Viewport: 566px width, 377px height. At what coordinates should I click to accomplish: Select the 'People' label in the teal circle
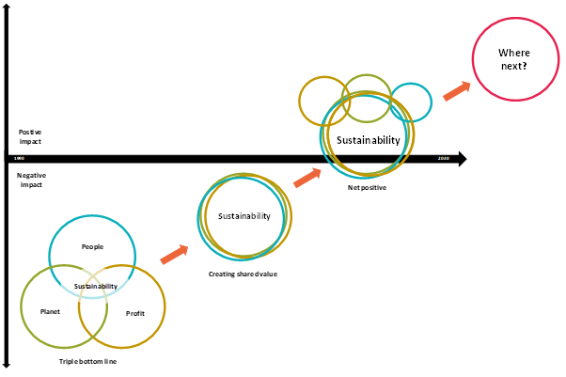pos(92,247)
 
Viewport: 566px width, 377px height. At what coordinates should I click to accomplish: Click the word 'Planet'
pos(50,310)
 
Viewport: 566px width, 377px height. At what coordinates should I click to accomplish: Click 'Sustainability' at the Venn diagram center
pos(96,286)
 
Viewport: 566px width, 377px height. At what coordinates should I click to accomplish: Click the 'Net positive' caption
pos(367,188)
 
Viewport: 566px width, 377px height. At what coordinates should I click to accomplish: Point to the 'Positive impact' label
pos(30,137)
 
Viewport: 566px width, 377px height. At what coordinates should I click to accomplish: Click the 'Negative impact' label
pos(31,180)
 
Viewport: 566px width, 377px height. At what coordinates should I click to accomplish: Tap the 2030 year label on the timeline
pos(444,159)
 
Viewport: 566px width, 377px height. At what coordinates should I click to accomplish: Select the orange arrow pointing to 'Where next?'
pos(456,89)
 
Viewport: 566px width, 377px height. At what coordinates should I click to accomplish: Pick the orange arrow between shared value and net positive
pos(307,177)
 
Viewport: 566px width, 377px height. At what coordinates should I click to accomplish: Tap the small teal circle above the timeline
pos(411,102)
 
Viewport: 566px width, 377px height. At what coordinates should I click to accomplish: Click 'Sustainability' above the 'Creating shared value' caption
pos(244,216)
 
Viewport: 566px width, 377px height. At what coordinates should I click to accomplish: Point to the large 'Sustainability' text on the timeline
pos(369,140)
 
